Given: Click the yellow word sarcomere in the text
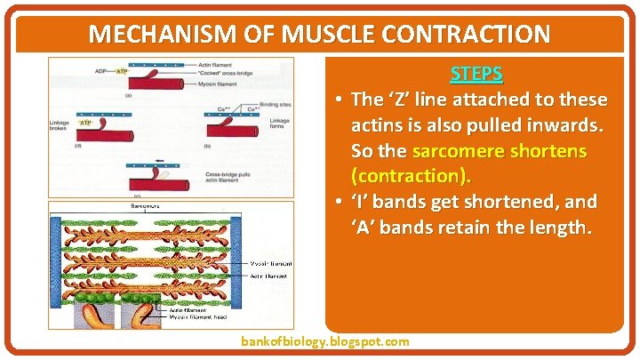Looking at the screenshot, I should [x=470, y=150].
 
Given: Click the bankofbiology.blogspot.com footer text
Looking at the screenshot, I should [x=325, y=341].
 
